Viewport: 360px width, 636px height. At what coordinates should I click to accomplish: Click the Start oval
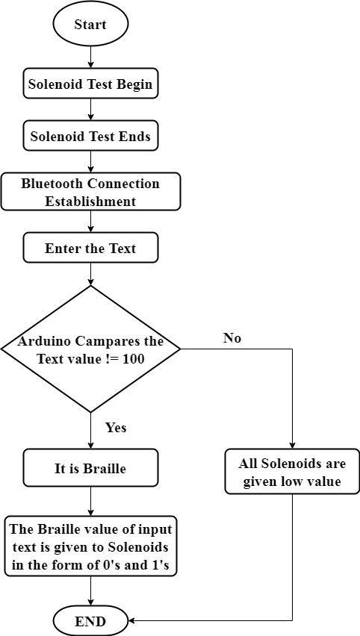click(x=90, y=25)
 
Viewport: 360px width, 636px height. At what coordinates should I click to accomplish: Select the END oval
click(x=90, y=621)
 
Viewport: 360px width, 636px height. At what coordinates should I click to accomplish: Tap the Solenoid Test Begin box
click(x=90, y=84)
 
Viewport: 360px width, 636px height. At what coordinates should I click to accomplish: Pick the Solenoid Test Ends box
click(x=90, y=136)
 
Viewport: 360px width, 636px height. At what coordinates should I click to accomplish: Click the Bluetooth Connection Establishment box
click(x=90, y=192)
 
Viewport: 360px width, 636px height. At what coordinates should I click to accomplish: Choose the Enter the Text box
click(x=90, y=247)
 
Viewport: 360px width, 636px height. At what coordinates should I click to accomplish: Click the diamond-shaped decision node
click(x=90, y=349)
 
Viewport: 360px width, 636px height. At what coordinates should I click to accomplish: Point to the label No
click(x=232, y=338)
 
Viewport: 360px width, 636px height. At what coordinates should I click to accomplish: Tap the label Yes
click(x=116, y=428)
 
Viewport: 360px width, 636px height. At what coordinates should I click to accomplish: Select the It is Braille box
click(x=90, y=468)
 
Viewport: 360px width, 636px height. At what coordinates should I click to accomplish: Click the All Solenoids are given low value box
click(x=292, y=471)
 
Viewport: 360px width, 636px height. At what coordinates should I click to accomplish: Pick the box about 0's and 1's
click(x=90, y=546)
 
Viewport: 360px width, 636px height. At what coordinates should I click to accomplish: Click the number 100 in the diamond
click(x=133, y=359)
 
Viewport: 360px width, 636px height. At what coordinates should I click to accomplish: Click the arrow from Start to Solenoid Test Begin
click(x=90, y=58)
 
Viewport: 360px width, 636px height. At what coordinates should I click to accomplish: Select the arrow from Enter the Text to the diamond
click(x=90, y=274)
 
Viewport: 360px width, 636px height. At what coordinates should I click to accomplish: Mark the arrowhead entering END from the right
click(x=131, y=621)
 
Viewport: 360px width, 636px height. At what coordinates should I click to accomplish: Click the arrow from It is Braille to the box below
click(x=90, y=502)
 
